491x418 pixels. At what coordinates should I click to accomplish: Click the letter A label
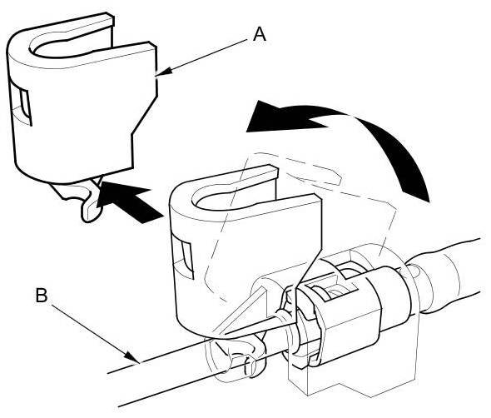(260, 34)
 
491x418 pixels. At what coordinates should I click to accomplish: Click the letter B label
(42, 295)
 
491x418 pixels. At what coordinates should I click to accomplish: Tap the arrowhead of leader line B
(133, 357)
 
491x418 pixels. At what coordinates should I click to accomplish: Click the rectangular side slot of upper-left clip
(21, 102)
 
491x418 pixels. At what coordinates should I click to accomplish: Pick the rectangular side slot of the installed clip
(182, 257)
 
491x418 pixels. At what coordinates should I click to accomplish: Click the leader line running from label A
(203, 57)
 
